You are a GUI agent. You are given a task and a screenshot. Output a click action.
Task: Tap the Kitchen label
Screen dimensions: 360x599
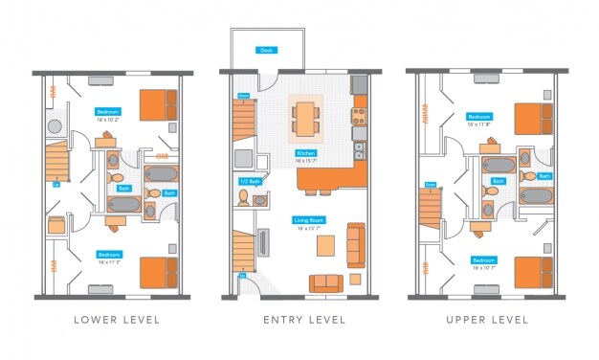(306, 153)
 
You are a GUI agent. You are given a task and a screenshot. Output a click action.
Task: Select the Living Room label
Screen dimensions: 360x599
(306, 220)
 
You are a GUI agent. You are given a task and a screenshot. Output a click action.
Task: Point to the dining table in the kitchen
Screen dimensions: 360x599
(306, 120)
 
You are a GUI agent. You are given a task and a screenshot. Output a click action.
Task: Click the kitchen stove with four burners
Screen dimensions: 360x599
(360, 117)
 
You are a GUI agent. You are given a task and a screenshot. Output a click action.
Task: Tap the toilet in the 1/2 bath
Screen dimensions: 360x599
(244, 198)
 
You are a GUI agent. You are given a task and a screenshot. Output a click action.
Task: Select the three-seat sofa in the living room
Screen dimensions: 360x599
(355, 245)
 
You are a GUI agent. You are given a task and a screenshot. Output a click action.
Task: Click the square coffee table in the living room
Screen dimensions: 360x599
(326, 247)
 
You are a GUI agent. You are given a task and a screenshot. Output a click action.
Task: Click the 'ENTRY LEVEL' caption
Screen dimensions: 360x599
(303, 319)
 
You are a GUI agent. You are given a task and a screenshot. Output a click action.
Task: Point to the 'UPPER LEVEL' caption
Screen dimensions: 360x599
(488, 319)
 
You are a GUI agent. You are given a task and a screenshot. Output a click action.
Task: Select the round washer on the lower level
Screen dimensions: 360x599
(55, 125)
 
